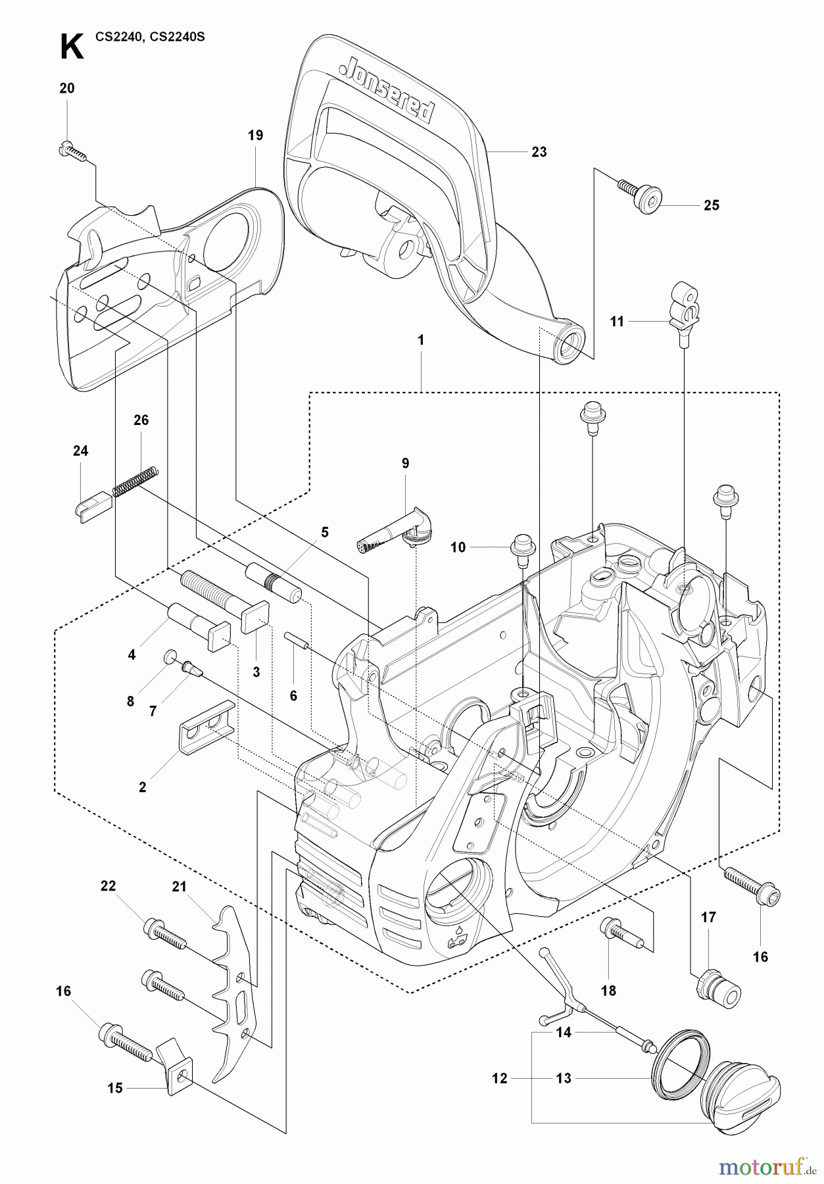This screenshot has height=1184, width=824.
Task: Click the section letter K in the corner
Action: click(x=71, y=47)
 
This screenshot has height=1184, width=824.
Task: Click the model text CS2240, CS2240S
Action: click(x=150, y=37)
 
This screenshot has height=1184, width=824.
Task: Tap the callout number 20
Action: click(x=67, y=88)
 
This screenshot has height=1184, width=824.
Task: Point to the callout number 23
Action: click(x=539, y=152)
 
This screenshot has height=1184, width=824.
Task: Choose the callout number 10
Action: click(x=458, y=547)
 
